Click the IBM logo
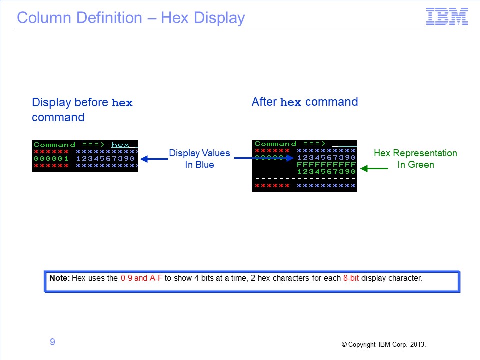pos(447,16)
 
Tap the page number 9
pos(52,342)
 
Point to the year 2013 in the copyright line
pos(418,344)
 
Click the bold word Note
pos(59,278)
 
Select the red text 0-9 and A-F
pos(141,278)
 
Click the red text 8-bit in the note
pos(351,278)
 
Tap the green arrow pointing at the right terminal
pos(374,168)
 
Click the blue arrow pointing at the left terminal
pos(154,159)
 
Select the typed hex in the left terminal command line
pos(120,145)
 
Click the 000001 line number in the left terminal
pos(51,159)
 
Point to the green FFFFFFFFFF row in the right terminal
pos(326,164)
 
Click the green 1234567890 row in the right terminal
pos(326,171)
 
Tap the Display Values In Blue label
pos(199,159)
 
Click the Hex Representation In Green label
pos(415,159)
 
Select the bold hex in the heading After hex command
pos(291,102)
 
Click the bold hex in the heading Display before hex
pos(122,103)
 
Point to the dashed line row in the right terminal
pos(305,179)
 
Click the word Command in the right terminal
pos(276,144)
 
